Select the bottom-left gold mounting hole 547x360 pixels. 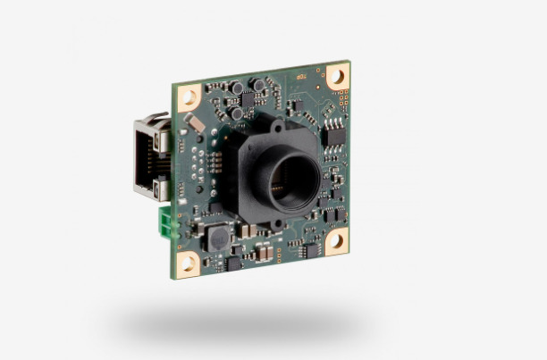click(x=188, y=263)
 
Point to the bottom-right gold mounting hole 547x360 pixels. click(x=336, y=240)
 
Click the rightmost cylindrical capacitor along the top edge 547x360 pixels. click(x=258, y=86)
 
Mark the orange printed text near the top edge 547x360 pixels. click(x=300, y=77)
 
